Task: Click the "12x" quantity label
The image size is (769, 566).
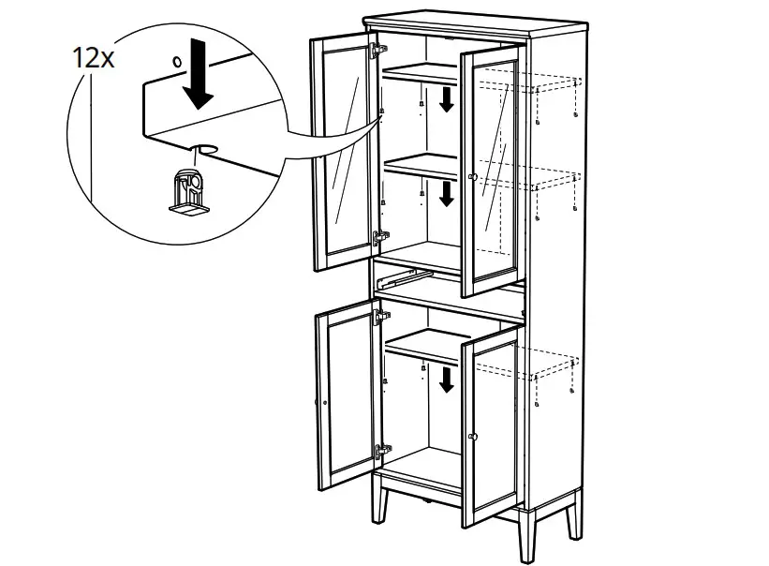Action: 94,58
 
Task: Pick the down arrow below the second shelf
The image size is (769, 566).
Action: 447,193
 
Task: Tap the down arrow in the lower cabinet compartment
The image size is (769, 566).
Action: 447,379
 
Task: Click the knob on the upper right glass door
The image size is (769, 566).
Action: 473,177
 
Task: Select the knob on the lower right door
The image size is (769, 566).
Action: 473,437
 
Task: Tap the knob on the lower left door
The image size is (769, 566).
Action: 324,402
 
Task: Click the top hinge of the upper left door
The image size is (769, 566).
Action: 378,49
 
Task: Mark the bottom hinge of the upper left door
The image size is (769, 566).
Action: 379,238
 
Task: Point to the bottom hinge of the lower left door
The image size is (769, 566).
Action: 380,451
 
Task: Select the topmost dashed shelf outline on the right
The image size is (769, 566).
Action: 539,85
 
